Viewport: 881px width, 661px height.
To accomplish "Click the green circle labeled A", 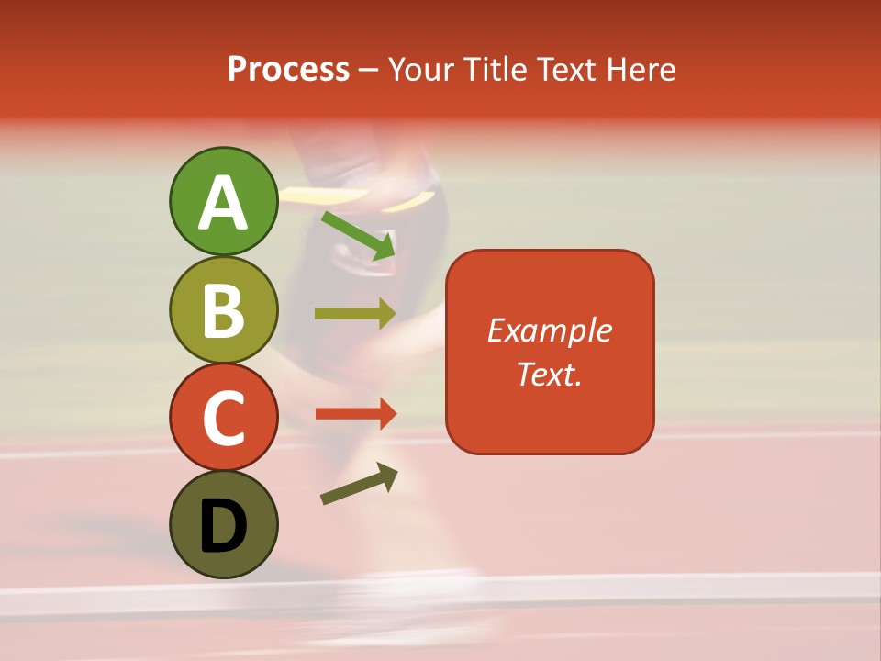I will point(223,201).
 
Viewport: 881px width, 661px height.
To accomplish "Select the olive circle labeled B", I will point(223,309).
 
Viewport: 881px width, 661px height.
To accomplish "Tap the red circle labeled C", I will point(223,417).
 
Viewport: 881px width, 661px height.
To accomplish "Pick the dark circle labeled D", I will point(223,524).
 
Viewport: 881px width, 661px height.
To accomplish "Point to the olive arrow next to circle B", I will point(355,314).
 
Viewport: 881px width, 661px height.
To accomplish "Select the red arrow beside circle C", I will point(355,413).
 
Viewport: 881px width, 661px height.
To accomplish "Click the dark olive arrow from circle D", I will point(359,484).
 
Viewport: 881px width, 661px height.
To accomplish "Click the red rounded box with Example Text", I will point(550,352).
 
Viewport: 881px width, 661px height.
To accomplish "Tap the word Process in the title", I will point(288,69).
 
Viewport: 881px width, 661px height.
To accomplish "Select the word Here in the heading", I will point(641,69).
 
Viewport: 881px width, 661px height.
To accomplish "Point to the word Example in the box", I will point(550,330).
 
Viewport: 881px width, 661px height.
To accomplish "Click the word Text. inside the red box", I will point(550,374).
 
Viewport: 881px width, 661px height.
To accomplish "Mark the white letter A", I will point(223,203).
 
